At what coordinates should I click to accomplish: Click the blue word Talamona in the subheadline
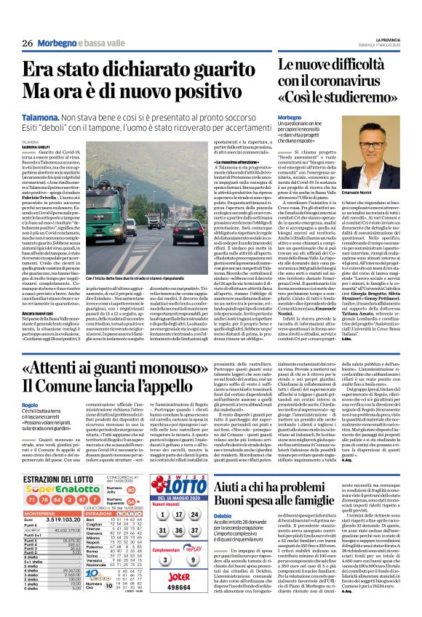[x=45, y=106]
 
